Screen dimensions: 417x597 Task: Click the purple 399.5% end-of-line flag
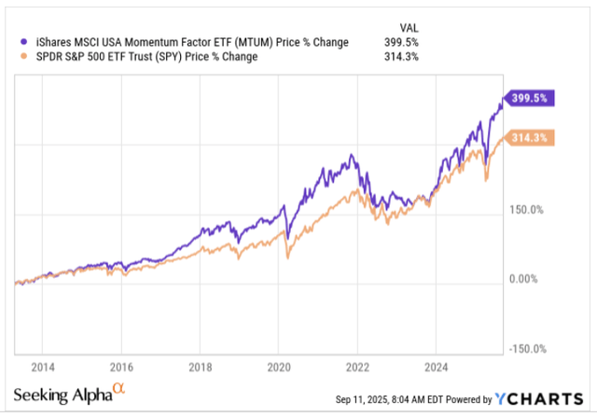click(528, 98)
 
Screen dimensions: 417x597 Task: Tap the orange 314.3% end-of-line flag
click(528, 138)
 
